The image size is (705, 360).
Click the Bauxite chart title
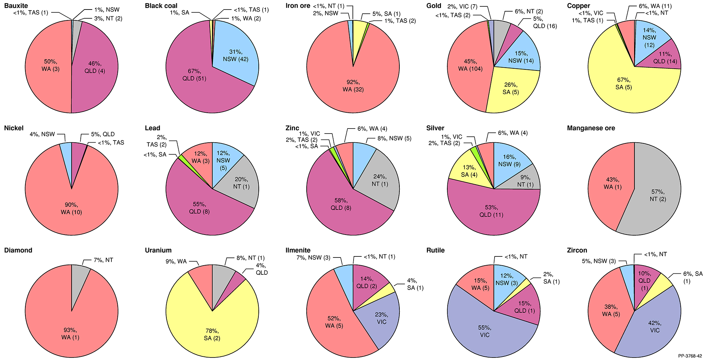coord(16,6)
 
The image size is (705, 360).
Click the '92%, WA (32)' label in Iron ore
coord(353,86)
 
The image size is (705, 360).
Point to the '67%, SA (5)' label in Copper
coord(624,83)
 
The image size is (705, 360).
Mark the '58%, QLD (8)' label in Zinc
coord(341,204)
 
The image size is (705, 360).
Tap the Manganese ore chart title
coord(591,128)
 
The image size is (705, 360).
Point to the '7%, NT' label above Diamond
coord(103,260)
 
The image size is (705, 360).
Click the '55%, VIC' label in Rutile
coord(485,331)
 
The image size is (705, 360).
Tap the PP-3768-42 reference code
coord(690,356)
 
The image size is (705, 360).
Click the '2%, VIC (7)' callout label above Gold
coord(462,7)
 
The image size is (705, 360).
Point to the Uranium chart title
coord(158,250)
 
